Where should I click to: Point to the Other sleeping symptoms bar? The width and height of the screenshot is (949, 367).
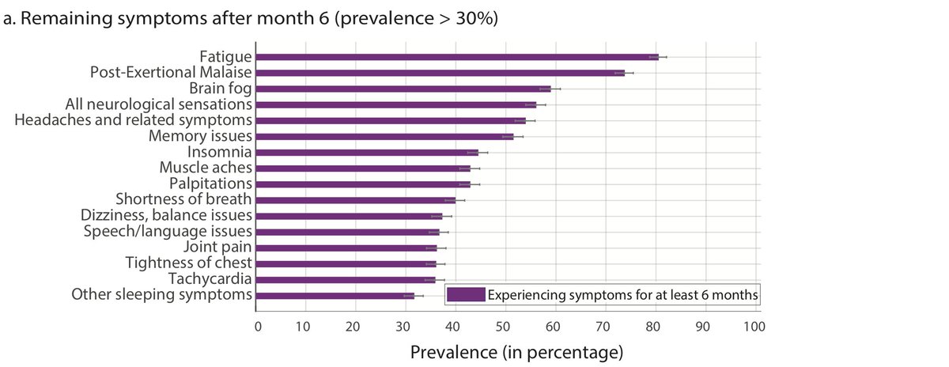335,295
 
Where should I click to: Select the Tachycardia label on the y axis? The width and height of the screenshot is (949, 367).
210,278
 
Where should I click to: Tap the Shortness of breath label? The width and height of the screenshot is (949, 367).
183,199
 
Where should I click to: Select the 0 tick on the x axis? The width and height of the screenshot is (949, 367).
257,326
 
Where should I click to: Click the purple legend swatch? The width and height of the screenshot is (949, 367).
465,295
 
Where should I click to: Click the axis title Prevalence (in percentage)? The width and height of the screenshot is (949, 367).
517,350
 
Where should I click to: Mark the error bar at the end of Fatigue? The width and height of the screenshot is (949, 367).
658,57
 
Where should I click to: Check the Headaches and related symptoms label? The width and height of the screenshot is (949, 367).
134,120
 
